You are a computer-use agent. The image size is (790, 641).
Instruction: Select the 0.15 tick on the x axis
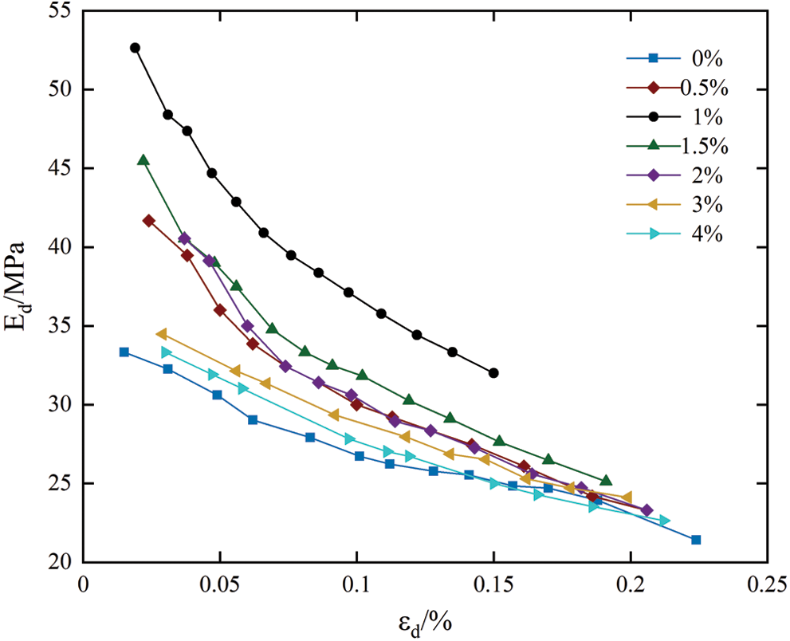493,584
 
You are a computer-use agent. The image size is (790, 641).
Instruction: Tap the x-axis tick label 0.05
219,584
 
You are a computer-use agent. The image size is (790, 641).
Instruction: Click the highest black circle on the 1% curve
135,48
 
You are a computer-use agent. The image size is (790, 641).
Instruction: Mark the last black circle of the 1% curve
493,373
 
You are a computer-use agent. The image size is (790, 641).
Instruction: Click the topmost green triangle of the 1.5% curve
143,160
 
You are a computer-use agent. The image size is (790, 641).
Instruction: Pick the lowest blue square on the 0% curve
696,540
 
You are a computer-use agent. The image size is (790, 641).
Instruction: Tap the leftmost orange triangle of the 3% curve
161,334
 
